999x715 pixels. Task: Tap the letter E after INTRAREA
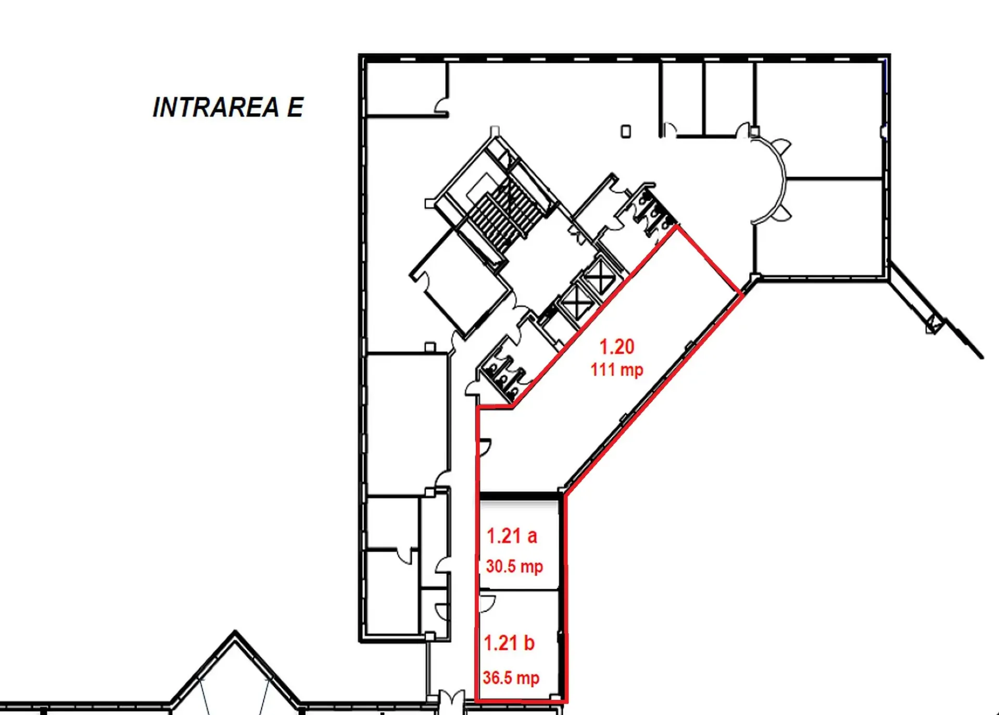[295, 107]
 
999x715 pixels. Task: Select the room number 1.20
[617, 347]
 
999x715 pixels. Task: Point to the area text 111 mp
[617, 369]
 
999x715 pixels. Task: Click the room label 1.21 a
[512, 536]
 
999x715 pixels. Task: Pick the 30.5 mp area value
[514, 566]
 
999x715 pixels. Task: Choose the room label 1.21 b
[509, 643]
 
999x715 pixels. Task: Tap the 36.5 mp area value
[511, 677]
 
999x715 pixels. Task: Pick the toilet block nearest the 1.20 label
[503, 369]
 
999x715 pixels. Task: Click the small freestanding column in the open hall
[626, 131]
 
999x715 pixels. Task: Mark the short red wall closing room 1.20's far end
[709, 260]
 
